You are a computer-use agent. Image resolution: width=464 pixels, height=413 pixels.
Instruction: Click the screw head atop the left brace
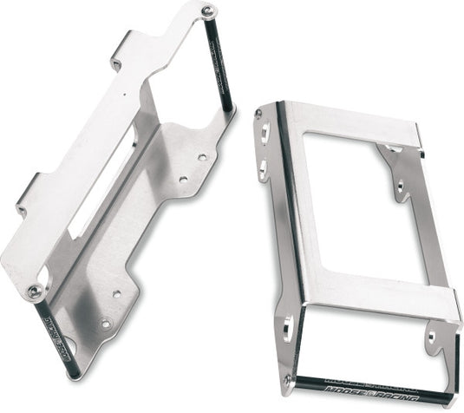[208, 10]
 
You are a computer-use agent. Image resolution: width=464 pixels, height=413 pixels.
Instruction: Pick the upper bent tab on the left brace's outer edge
[115, 62]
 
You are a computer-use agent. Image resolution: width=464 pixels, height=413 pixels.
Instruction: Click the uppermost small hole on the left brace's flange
[201, 158]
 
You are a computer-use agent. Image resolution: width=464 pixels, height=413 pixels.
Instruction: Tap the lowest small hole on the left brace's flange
[106, 324]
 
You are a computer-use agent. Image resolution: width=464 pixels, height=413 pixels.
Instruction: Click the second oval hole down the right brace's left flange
[260, 167]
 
